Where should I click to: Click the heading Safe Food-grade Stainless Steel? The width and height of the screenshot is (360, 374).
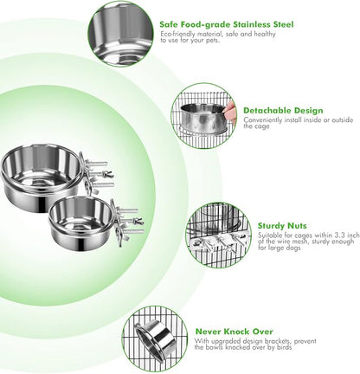click(x=227, y=24)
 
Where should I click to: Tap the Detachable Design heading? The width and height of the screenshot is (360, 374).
click(x=283, y=111)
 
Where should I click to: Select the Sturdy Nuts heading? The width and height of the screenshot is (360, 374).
click(x=282, y=226)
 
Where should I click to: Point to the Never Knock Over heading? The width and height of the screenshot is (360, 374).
click(x=234, y=332)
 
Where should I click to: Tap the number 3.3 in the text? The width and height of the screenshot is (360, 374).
click(x=339, y=235)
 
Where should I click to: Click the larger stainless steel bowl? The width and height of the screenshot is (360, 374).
click(x=41, y=178)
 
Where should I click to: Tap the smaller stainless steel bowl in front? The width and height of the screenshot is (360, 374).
click(x=80, y=222)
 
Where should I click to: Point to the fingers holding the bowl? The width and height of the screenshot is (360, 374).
click(x=230, y=111)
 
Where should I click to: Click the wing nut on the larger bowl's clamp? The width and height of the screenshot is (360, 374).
click(x=108, y=174)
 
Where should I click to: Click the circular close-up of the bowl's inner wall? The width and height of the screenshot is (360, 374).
click(x=120, y=33)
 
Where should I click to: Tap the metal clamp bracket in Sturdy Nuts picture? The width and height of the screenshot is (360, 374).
click(x=218, y=240)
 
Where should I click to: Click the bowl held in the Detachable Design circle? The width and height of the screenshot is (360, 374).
click(x=203, y=119)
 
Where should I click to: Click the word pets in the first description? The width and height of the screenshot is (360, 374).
click(x=212, y=41)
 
